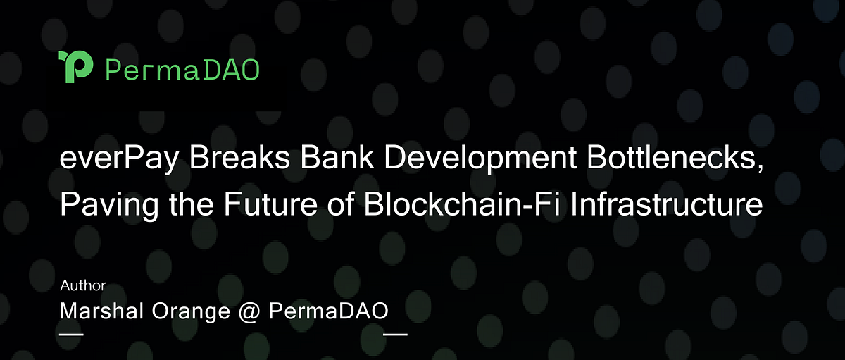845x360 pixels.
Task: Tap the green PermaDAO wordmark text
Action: coord(182,69)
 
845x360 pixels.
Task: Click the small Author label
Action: coord(83,286)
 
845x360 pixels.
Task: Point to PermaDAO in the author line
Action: coord(328,311)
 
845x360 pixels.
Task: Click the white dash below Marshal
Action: coord(72,333)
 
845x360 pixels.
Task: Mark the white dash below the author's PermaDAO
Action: coord(395,333)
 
